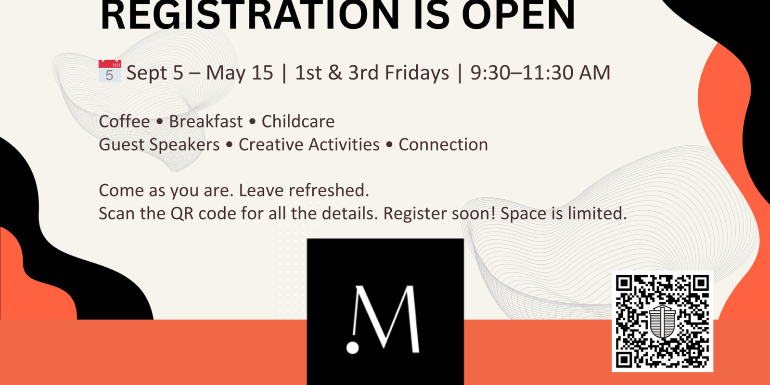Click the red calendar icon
[110, 71]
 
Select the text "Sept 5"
[154, 73]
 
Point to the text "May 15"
[240, 73]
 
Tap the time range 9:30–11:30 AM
[540, 73]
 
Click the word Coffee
[124, 121]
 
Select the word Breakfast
[206, 121]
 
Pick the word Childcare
[298, 121]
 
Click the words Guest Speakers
[159, 144]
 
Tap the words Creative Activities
[309, 144]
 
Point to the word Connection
[443, 144]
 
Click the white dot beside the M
[352, 347]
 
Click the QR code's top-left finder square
[624, 283]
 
